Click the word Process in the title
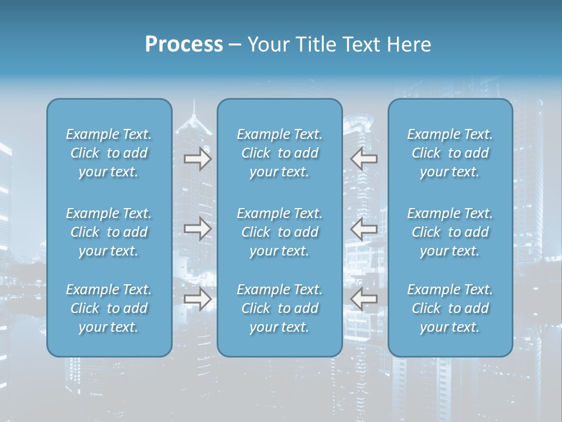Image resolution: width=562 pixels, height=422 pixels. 184,45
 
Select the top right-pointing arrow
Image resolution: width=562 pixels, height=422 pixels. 197,159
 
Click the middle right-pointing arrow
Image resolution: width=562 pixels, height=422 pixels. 197,229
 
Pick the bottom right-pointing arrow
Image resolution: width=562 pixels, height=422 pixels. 197,299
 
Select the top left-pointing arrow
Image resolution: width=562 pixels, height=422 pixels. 364,159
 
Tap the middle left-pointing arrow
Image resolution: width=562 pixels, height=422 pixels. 364,229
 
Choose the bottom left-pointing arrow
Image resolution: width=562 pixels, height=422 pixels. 364,299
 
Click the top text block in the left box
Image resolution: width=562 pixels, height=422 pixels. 109,153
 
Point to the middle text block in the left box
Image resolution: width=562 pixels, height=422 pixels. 109,232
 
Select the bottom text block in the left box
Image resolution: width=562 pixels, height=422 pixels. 109,308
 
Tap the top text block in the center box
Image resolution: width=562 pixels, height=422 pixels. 279,153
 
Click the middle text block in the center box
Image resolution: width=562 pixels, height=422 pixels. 279,232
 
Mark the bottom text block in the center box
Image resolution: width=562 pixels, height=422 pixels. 279,308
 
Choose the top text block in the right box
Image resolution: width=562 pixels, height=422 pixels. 450,153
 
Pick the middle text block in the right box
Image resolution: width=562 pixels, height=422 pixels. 450,232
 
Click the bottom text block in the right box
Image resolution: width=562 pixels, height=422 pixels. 450,308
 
